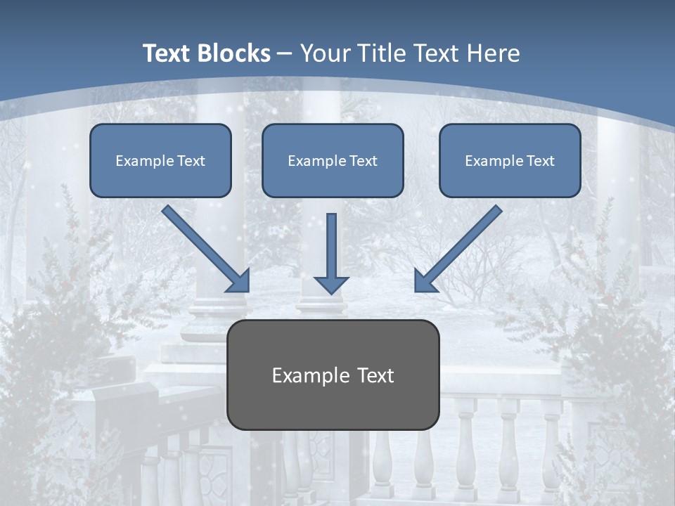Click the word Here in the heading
[494, 53]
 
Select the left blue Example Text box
[160, 161]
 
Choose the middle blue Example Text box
[333, 161]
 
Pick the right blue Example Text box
[510, 161]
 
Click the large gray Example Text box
[333, 375]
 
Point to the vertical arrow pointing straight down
[331, 249]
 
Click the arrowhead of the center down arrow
[331, 284]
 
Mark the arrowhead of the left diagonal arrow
[238, 280]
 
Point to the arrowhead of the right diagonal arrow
[425, 280]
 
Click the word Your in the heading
[323, 53]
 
